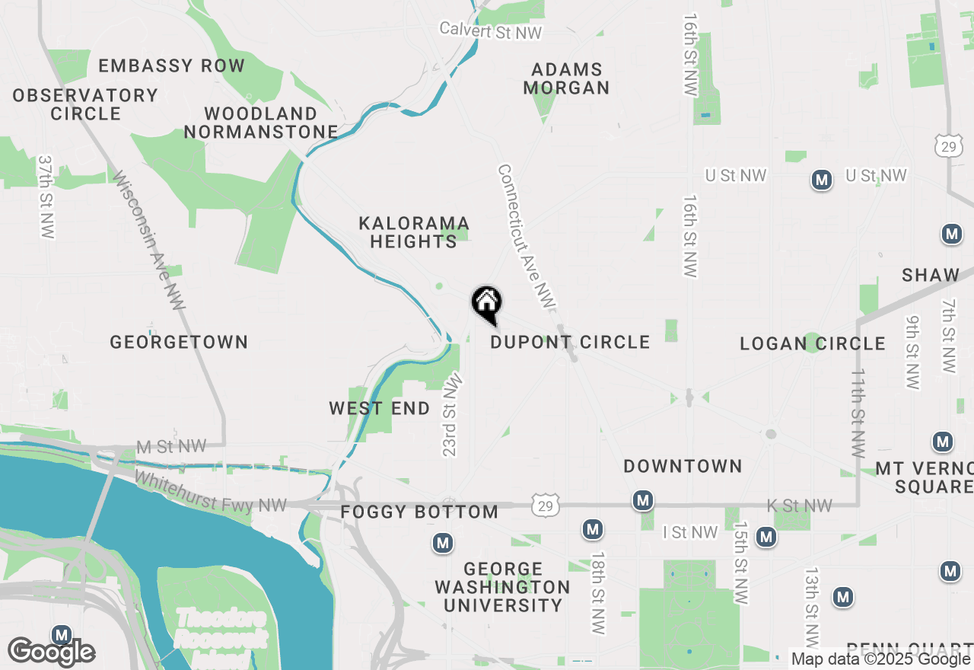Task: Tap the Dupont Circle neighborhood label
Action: pos(570,343)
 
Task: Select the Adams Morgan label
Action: pos(566,78)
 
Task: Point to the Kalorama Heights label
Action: pos(414,232)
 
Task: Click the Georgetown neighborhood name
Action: pos(179,342)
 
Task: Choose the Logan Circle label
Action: pos(813,344)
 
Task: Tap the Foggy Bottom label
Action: pos(419,512)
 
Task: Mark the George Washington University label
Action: pos(502,587)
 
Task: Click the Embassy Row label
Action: pos(171,66)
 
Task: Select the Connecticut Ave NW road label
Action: pos(527,238)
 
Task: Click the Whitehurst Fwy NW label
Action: pos(211,492)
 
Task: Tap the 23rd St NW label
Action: pos(451,414)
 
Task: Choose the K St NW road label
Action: pos(800,506)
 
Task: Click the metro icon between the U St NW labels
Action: pos(821,180)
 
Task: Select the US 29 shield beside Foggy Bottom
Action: pos(547,504)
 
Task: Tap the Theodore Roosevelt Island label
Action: pos(221,628)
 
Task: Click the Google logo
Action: pos(51,652)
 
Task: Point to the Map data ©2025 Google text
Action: pos(880,659)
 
